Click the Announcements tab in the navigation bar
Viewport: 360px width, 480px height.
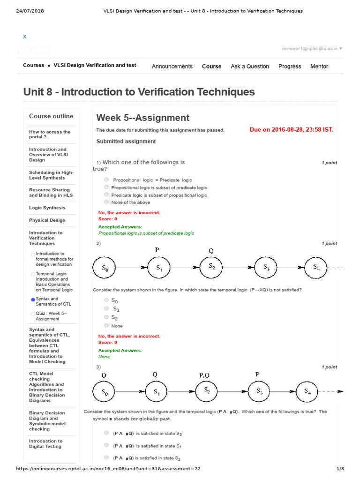[172, 67]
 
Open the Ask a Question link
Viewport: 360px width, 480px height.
[249, 67]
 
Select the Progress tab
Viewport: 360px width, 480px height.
[290, 67]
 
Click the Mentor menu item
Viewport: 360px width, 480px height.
[319, 67]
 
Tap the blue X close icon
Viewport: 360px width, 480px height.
[25, 37]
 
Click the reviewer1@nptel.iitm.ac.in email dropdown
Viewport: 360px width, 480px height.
[312, 48]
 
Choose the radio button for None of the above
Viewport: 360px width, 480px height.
[107, 202]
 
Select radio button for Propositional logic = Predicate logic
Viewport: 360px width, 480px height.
[107, 180]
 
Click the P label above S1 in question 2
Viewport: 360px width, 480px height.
[157, 250]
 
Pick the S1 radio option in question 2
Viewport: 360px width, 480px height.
[107, 309]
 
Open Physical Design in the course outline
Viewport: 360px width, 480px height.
[47, 220]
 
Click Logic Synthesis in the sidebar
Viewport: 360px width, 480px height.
[47, 208]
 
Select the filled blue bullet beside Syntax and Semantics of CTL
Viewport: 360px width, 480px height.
[33, 300]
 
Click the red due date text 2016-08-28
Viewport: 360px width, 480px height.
[291, 130]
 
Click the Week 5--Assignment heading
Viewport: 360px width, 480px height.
[142, 118]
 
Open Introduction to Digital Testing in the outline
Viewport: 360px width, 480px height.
[45, 443]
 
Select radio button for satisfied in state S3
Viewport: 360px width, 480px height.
[107, 433]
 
